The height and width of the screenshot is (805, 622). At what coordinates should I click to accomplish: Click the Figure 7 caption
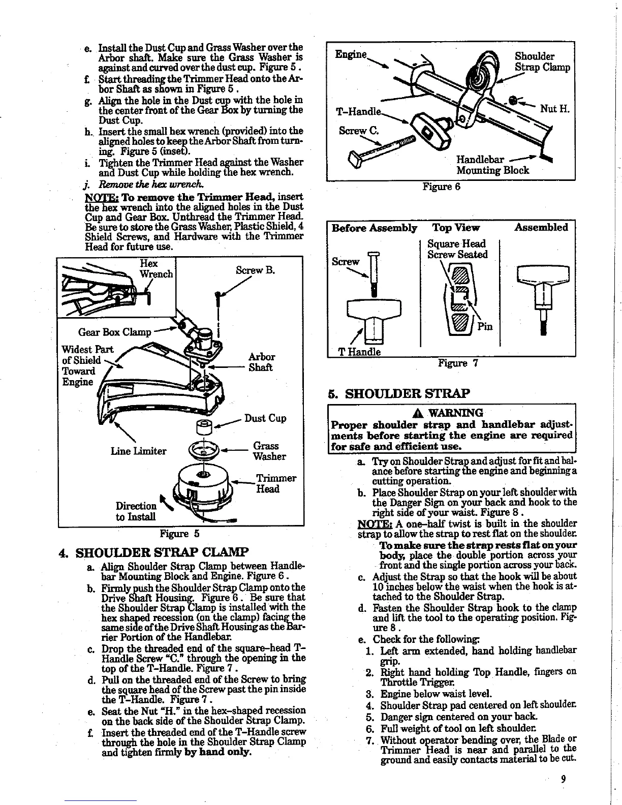456,363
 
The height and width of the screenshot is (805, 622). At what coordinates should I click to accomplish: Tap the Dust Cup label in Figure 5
265,418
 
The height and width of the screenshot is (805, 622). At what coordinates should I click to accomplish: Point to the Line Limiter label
138,451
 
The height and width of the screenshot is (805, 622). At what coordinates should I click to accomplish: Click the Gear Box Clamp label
114,332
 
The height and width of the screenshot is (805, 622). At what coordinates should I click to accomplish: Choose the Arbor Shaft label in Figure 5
262,362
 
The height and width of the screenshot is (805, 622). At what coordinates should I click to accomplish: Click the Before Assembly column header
375,227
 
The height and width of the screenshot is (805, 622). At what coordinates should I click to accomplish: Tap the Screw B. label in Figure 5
255,270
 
